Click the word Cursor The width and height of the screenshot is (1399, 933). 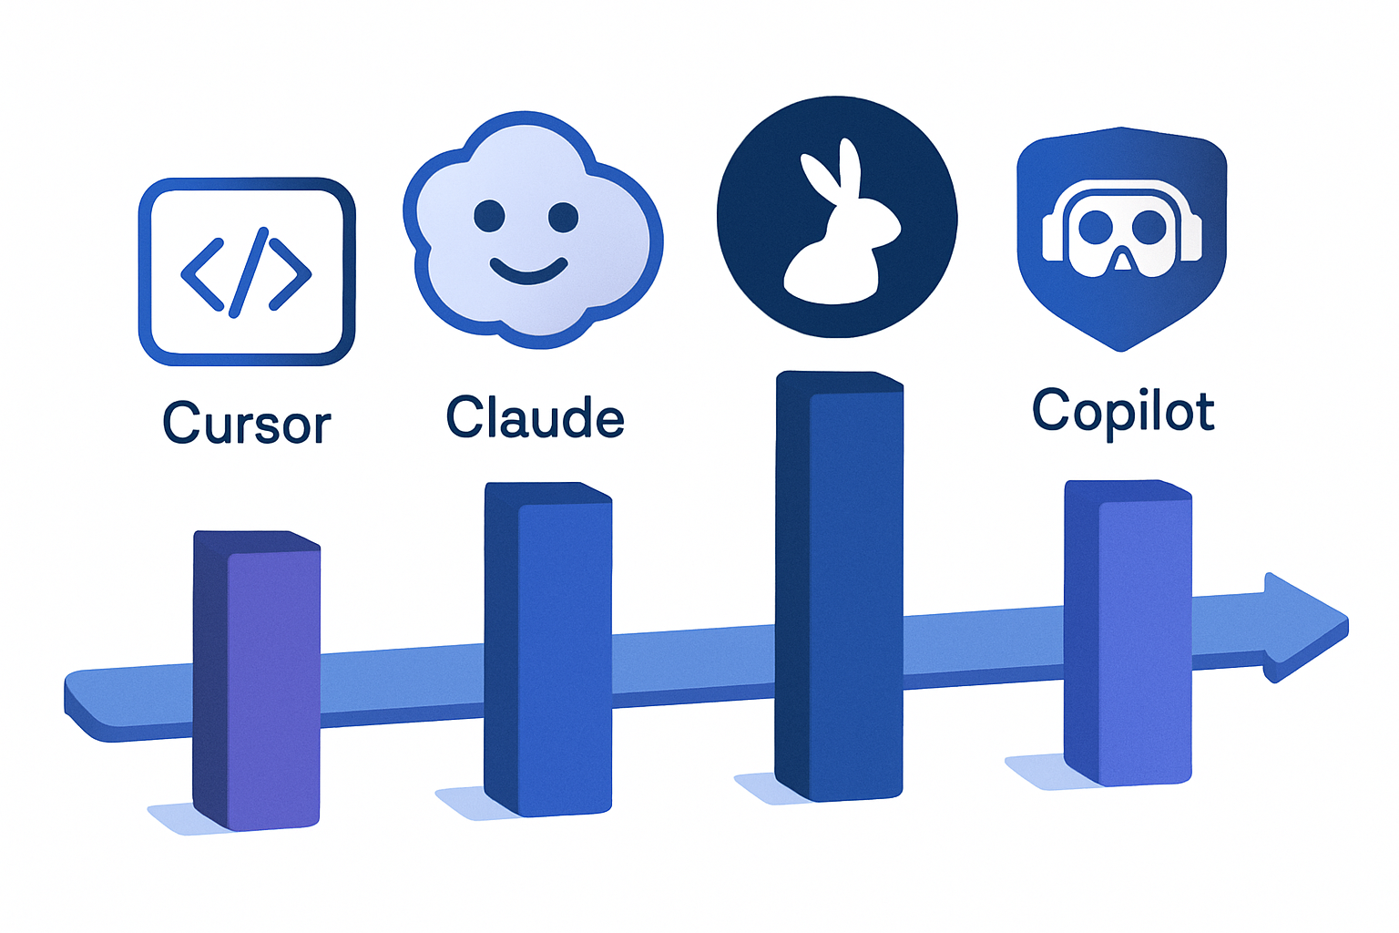coord(247,422)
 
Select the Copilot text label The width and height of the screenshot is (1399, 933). coord(1123,413)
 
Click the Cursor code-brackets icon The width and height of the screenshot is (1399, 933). coord(247,272)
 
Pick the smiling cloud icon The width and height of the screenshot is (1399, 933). coord(533,230)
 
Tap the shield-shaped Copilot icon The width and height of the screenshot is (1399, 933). coord(1122,239)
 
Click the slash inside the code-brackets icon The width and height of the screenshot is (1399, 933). coord(249,272)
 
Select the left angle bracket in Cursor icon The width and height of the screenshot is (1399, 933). coord(202,273)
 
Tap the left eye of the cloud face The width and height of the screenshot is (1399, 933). coord(489,216)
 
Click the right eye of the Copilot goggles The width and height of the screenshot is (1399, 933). coord(1149,227)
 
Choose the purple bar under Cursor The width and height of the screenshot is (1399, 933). coord(256,681)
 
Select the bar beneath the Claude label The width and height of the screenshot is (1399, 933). coord(547,650)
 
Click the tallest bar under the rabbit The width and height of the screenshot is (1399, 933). coord(839,586)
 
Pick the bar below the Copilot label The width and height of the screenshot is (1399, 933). coord(1128,633)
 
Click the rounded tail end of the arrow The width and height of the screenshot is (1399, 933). coord(85,706)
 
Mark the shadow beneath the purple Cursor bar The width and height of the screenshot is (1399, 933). coord(181,819)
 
